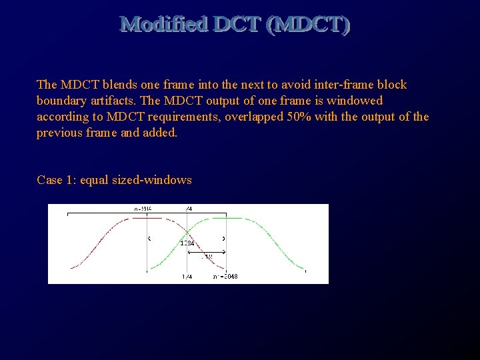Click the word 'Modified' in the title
point(164,25)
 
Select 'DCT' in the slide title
point(237,25)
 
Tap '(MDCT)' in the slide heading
point(307,25)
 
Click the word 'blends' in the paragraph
point(121,85)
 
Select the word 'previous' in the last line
point(58,133)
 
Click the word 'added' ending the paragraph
point(161,133)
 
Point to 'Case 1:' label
point(57,180)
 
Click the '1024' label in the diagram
point(187,243)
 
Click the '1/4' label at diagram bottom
point(187,276)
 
